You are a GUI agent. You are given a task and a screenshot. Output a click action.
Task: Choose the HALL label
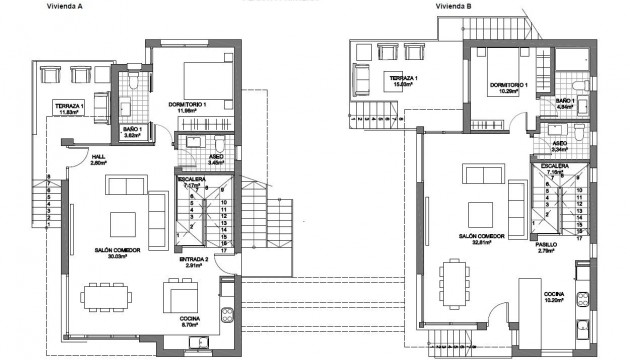pos(98,157)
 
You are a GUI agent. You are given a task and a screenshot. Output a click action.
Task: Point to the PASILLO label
pos(545,244)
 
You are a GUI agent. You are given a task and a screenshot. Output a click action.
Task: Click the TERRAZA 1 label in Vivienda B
pos(404,77)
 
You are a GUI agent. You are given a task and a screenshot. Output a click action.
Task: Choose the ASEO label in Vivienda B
pos(560,143)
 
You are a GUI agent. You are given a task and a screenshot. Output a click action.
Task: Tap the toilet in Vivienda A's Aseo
pos(190,143)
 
